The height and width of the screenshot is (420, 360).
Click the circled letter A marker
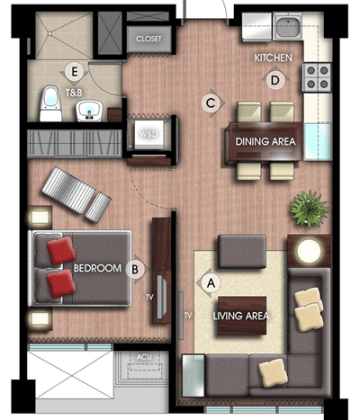(211, 282)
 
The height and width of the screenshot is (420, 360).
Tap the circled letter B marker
(135, 269)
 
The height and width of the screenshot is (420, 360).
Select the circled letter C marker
(211, 103)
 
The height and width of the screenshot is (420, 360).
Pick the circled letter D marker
(275, 80)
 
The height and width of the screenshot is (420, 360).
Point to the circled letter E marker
(74, 72)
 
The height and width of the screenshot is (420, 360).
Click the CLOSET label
(148, 39)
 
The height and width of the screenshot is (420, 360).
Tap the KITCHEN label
(273, 58)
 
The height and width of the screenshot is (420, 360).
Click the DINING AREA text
(265, 141)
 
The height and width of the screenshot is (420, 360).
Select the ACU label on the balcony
(144, 357)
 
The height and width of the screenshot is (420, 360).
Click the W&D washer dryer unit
(149, 134)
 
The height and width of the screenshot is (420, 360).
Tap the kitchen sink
(288, 26)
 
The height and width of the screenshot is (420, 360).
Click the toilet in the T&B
(50, 103)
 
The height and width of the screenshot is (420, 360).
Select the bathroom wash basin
(89, 111)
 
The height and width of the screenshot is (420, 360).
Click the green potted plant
(309, 209)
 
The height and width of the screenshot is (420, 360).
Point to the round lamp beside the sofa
(309, 251)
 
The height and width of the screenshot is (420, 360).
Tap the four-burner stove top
(317, 77)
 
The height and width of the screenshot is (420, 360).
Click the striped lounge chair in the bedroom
(76, 194)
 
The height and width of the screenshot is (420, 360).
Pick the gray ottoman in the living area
(242, 251)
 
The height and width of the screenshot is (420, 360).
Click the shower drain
(50, 33)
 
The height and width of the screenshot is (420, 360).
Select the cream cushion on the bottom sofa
(273, 372)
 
